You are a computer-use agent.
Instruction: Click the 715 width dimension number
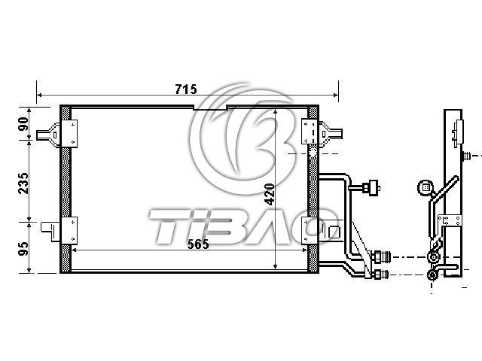click(186, 89)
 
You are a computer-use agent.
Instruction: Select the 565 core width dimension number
click(198, 244)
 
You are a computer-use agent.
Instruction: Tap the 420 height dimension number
click(270, 194)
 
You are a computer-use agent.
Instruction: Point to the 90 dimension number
click(23, 124)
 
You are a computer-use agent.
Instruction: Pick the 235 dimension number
click(23, 184)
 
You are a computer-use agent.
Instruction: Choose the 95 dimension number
click(23, 249)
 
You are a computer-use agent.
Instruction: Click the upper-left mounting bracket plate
click(69, 134)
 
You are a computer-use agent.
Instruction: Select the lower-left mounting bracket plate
click(69, 231)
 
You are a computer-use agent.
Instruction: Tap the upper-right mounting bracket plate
click(310, 132)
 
